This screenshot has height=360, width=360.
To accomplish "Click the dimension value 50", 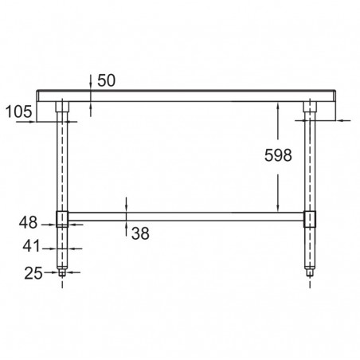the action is [x=107, y=80].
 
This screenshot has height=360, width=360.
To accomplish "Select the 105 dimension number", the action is [x=19, y=112].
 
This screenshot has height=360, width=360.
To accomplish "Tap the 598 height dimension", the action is [x=278, y=155].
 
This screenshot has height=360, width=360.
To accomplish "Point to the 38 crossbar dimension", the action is [x=140, y=233].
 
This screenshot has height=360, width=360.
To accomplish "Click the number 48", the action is [x=28, y=222].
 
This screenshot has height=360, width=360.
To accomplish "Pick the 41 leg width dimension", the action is [x=31, y=246].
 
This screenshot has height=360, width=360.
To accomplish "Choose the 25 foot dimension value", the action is [x=33, y=273].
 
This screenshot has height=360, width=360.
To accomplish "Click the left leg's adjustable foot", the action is [x=62, y=273].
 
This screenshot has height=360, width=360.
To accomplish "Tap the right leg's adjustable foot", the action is [x=310, y=272].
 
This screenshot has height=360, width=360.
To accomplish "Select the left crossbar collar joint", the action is [x=62, y=219].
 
